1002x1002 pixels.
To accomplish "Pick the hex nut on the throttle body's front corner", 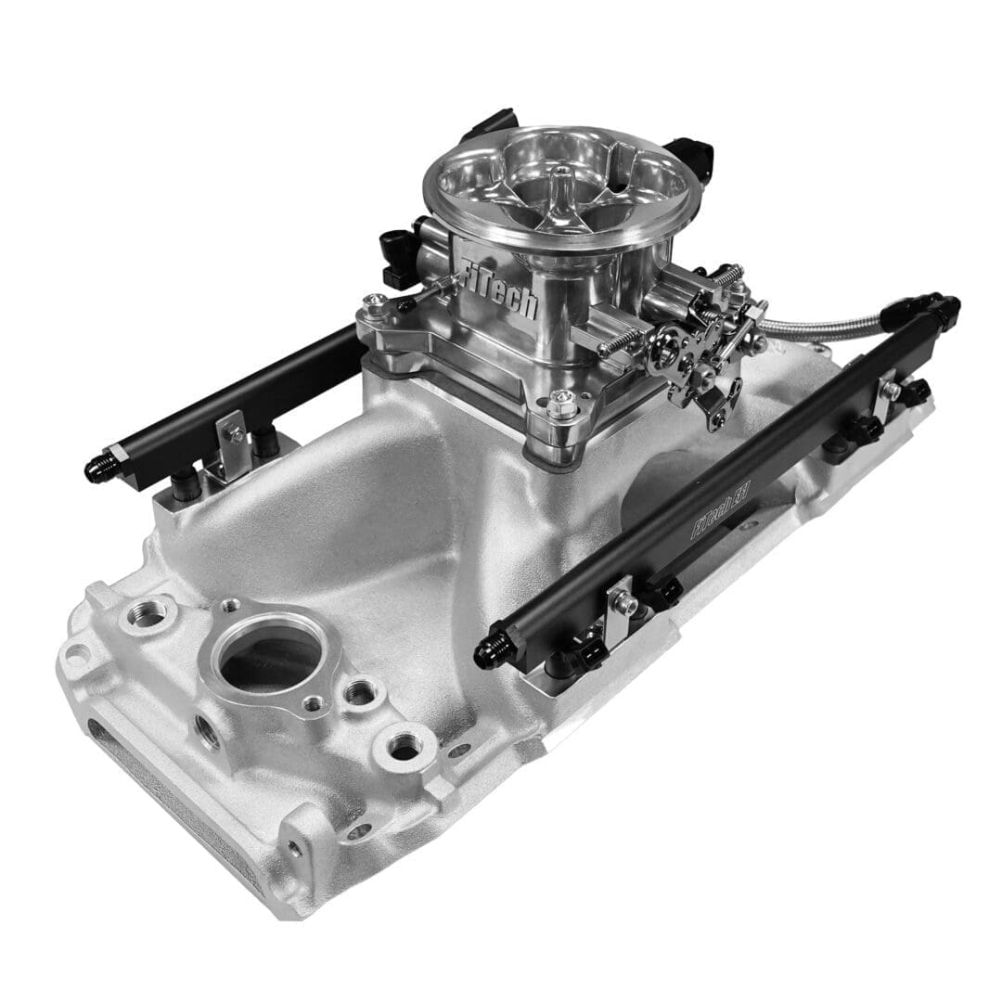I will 559,405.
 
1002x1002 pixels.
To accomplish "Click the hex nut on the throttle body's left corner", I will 375,302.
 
